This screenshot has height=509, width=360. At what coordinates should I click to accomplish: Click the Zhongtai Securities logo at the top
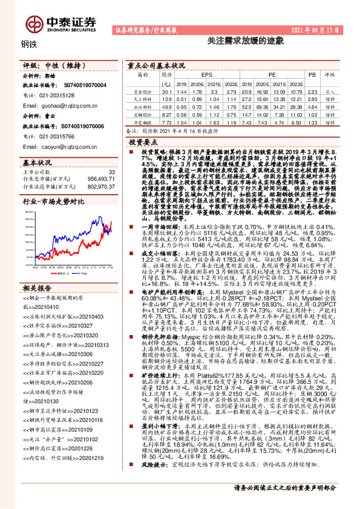[60, 22]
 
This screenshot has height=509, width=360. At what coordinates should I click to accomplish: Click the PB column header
[312, 75]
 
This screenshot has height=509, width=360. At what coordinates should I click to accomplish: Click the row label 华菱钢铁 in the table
[143, 122]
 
